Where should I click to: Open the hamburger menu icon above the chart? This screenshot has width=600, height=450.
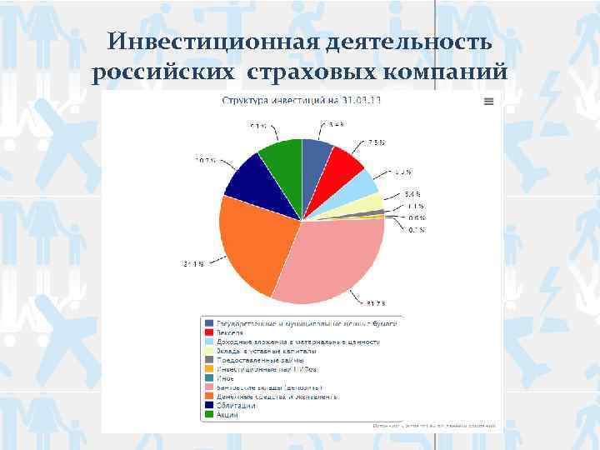488,101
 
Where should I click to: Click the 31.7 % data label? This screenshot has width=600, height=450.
377,302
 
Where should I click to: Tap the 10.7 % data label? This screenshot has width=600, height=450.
206,159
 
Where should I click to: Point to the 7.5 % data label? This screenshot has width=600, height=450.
376,142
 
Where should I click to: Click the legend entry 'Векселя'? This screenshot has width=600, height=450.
231,332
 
